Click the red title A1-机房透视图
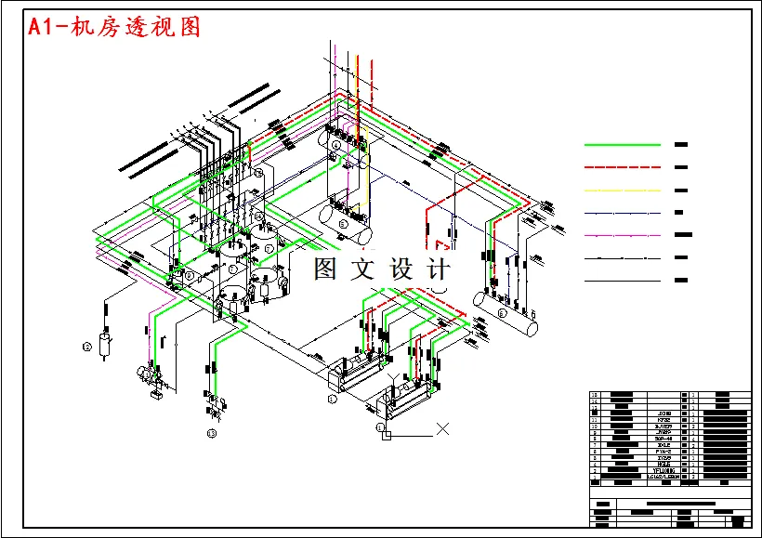tap(114, 27)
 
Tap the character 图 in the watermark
tap(326, 269)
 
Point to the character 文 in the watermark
tap(363, 269)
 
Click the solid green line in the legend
tap(622, 145)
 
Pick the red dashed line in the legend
tap(622, 167)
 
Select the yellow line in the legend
tap(622, 190)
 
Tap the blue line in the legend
tap(622, 213)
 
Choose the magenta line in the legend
tap(622, 235)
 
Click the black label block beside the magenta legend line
tap(684, 235)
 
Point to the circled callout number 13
tap(212, 433)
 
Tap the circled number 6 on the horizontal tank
tap(502, 314)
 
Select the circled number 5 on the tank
tap(342, 224)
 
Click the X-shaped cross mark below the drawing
tap(443, 429)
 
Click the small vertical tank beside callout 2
tap(106, 342)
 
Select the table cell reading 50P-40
tap(663, 437)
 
